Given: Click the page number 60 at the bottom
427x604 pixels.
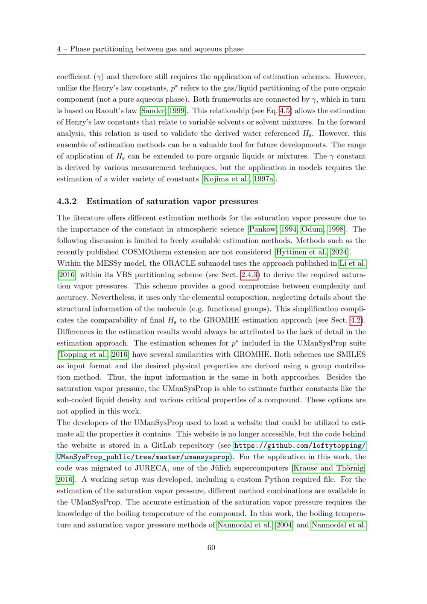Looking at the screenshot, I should tap(211, 548).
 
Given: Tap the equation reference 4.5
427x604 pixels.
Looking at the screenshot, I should tap(285, 111).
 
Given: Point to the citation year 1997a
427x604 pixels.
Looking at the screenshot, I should tap(263, 179).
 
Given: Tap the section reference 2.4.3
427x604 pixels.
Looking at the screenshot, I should tap(249, 275).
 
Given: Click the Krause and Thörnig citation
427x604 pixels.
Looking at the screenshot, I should tap(329, 468).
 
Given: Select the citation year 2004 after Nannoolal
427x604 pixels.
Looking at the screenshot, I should tap(284, 525).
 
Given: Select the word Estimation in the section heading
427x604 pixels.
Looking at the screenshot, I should tap(109, 201).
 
